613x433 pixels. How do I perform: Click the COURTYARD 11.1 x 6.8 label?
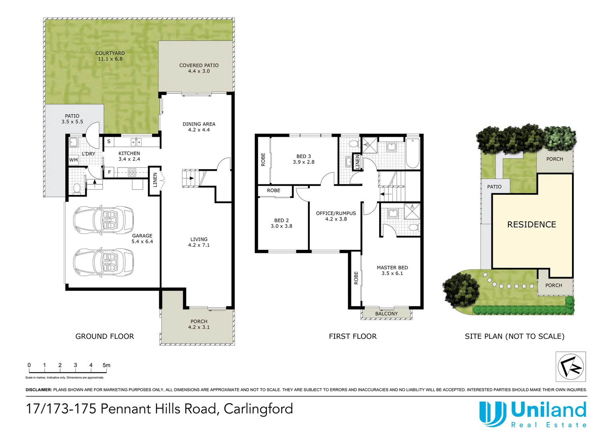pos(110,56)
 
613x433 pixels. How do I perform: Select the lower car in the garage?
pos(103,262)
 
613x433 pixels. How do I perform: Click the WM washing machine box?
pos(73,160)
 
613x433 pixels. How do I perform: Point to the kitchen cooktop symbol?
pos(132,173)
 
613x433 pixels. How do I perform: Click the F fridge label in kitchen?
pos(109,172)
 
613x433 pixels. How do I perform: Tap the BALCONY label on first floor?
pos(386,314)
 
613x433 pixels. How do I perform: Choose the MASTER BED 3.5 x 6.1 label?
pos(392,270)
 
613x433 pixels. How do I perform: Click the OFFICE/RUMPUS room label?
pos(336,216)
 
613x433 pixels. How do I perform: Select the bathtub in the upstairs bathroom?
pos(412,153)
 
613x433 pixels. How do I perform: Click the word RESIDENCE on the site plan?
pos(532,225)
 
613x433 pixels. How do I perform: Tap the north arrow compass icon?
pos(570,366)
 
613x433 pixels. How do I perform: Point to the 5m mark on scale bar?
pos(106,365)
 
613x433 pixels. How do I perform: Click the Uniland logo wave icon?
pos(492,414)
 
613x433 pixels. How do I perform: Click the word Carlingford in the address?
pos(258,409)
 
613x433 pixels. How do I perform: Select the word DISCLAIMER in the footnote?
pos(39,390)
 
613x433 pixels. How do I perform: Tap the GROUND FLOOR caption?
pos(105,336)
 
